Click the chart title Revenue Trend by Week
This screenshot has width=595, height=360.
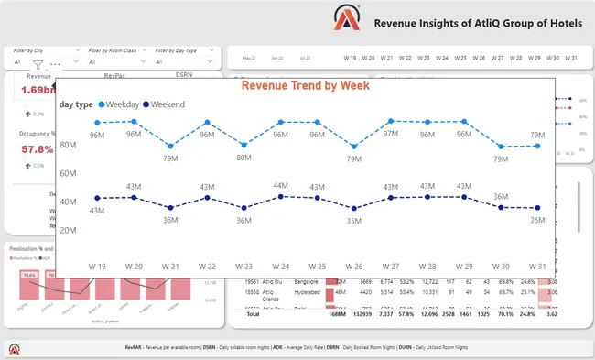point(317,85)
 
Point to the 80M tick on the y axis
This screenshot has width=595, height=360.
point(68,145)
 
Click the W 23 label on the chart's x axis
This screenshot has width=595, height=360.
point(243,266)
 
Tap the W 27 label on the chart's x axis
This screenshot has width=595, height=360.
point(391,266)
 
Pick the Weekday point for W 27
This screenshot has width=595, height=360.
point(391,121)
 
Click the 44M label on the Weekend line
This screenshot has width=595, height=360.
point(281,186)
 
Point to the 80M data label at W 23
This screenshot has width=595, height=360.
point(243,158)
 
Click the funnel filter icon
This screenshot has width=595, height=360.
point(38,65)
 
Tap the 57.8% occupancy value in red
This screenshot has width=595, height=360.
point(37,148)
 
